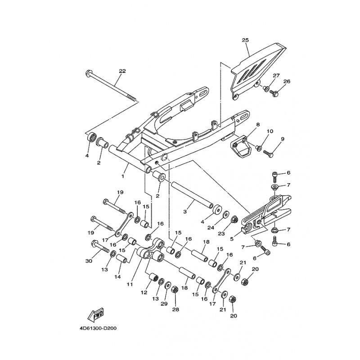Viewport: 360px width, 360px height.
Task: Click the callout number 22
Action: [x=122, y=71]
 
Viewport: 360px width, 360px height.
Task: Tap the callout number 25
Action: [x=245, y=40]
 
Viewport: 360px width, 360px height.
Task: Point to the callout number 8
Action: [x=258, y=124]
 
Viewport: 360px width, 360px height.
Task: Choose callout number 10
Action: [x=270, y=131]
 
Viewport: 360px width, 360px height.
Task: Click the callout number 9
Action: [x=283, y=139]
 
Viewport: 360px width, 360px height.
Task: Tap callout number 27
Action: [x=276, y=75]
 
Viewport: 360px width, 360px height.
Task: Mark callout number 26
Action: [x=287, y=81]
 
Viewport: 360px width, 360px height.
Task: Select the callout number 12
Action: [x=144, y=292]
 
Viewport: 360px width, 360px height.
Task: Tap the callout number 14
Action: [x=117, y=277]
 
